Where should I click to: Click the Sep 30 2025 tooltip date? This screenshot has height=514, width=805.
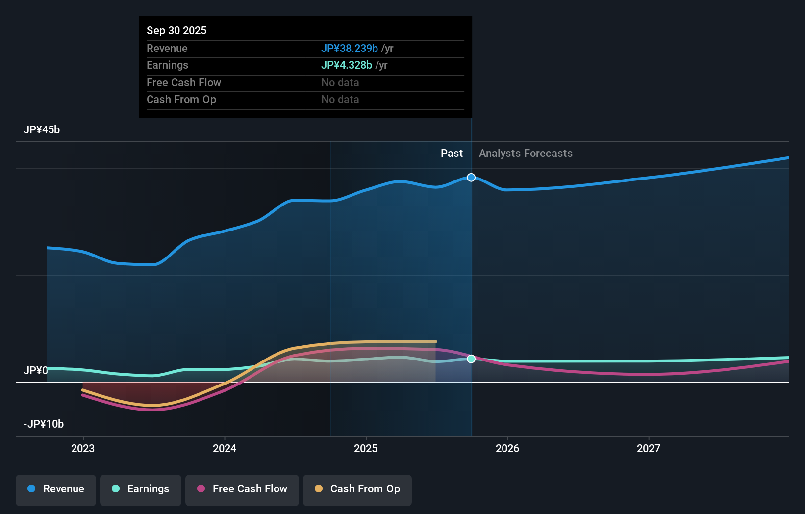click(x=176, y=30)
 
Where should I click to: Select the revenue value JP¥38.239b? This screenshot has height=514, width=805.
click(x=349, y=48)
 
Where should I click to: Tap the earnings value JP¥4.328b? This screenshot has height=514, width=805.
click(x=346, y=65)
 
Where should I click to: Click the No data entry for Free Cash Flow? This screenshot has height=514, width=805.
click(x=340, y=82)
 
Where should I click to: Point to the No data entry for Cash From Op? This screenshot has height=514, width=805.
click(x=340, y=99)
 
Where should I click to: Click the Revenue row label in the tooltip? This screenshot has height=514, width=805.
click(x=167, y=48)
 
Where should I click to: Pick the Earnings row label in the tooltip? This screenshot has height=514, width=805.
click(x=167, y=65)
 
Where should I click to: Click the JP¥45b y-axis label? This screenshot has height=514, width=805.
click(x=42, y=129)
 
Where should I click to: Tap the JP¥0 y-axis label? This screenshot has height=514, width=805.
click(x=36, y=370)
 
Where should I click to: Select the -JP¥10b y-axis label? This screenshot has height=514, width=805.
click(x=44, y=424)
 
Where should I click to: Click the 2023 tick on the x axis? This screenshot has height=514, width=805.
click(x=83, y=448)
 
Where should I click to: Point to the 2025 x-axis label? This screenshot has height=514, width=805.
click(x=366, y=448)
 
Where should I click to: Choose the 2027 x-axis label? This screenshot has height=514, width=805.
click(x=648, y=448)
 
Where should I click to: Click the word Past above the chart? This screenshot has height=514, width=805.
click(x=451, y=153)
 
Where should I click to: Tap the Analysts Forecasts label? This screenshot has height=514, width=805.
click(x=526, y=153)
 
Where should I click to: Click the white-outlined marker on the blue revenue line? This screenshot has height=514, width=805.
click(x=471, y=177)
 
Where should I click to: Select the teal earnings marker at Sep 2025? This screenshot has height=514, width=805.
click(x=471, y=359)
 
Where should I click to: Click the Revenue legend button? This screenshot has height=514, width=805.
click(x=56, y=489)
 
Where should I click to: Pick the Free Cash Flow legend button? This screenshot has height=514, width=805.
click(x=242, y=489)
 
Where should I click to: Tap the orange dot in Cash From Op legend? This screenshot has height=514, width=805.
click(x=319, y=488)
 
